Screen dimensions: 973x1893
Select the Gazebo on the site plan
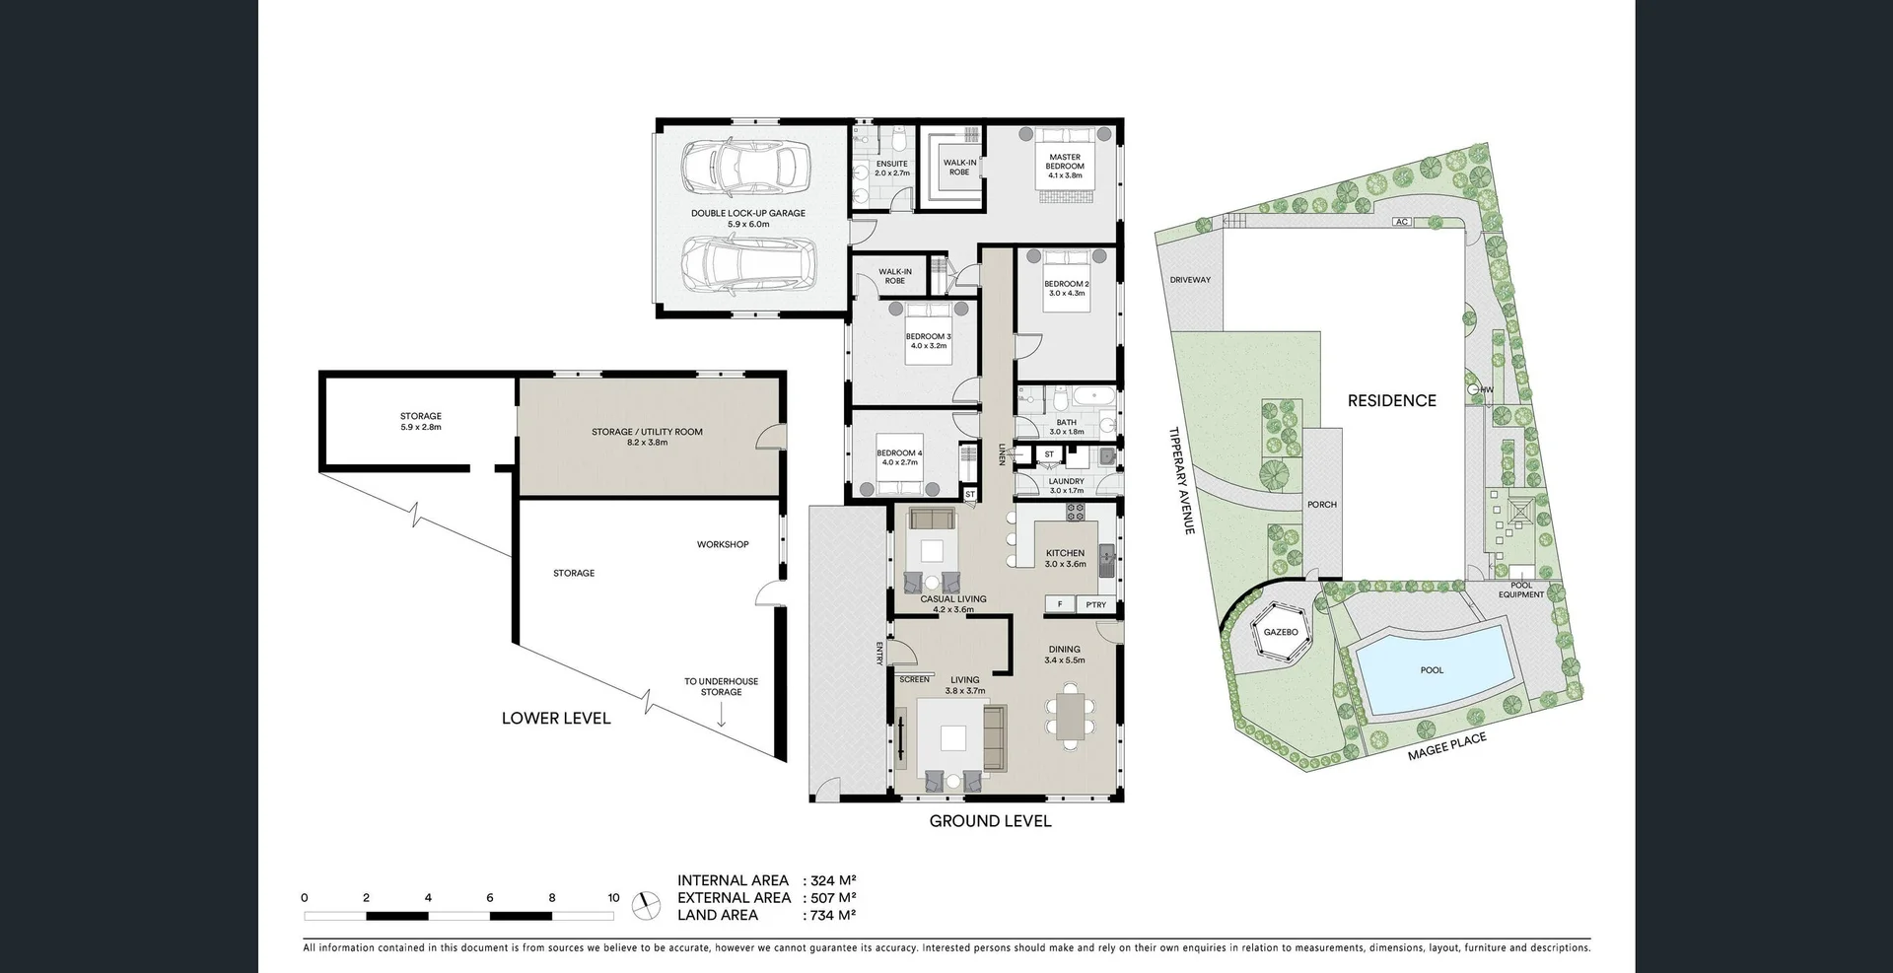[1281, 632]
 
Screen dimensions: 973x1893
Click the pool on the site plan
[1433, 670]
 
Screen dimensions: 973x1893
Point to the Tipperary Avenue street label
[1181, 481]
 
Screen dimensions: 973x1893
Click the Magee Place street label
[1446, 746]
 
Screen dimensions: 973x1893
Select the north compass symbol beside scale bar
[647, 904]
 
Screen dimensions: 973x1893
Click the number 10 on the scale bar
[613, 898]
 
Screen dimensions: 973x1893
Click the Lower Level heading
[556, 719]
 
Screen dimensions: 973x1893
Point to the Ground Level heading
[990, 821]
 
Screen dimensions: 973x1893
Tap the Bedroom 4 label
[899, 457]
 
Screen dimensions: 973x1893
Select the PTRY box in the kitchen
[1095, 604]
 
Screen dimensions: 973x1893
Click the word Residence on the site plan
[1391, 400]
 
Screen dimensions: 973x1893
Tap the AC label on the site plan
[1401, 222]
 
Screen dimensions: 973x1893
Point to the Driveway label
[1190, 280]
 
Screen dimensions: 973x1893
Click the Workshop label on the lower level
[723, 544]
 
